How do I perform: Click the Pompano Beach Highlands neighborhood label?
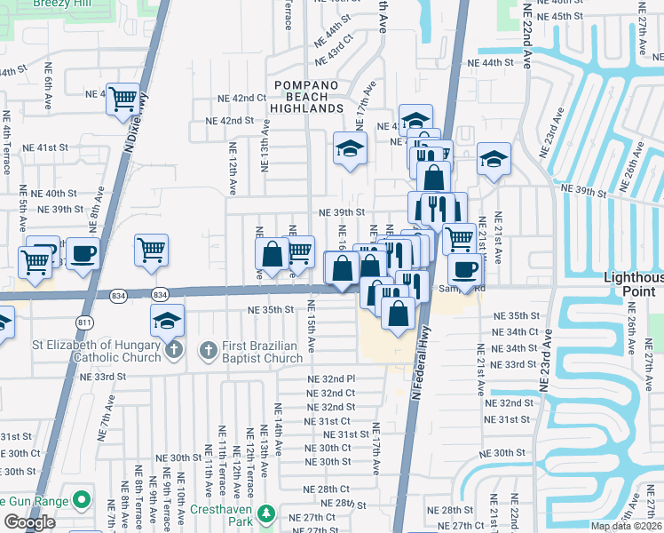[x=308, y=96]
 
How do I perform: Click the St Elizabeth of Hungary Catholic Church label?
[x=86, y=352]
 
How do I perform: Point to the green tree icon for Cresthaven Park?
[x=264, y=513]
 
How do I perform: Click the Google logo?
[x=29, y=522]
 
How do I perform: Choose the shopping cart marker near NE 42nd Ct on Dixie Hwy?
[x=123, y=99]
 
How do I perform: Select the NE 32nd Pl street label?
[x=331, y=379]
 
